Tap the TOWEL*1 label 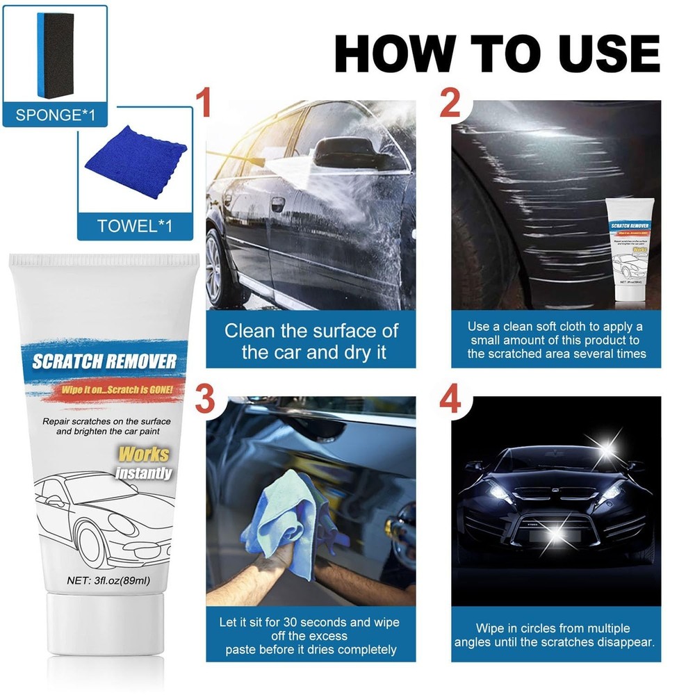click(135, 226)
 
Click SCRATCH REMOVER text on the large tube click(104, 361)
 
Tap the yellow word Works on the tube click(144, 455)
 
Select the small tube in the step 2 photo click(631, 250)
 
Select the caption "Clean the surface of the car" click(311, 341)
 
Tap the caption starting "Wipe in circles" click(554, 635)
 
